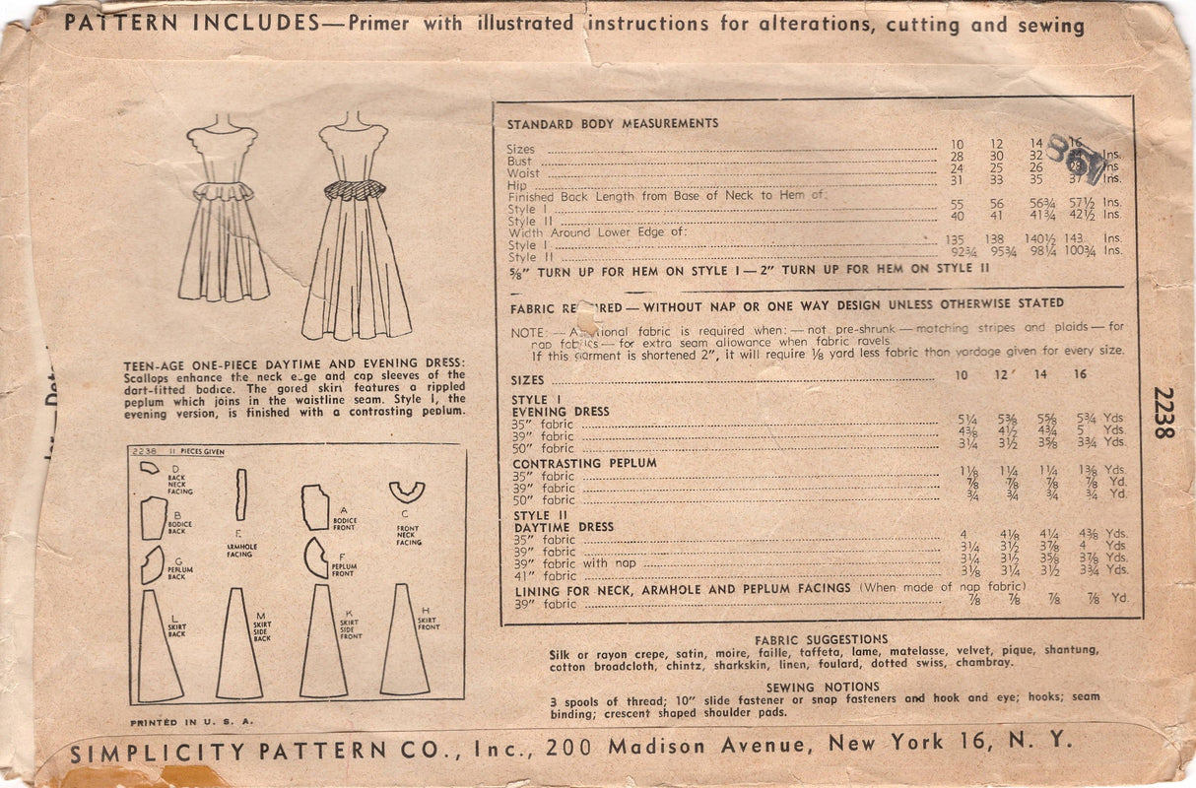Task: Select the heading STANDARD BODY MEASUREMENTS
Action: click(x=612, y=124)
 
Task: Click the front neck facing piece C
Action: click(x=406, y=493)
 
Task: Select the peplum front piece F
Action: click(x=315, y=558)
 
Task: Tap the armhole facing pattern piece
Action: click(x=240, y=494)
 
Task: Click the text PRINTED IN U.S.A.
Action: click(x=192, y=721)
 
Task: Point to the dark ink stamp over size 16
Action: click(x=1077, y=158)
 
